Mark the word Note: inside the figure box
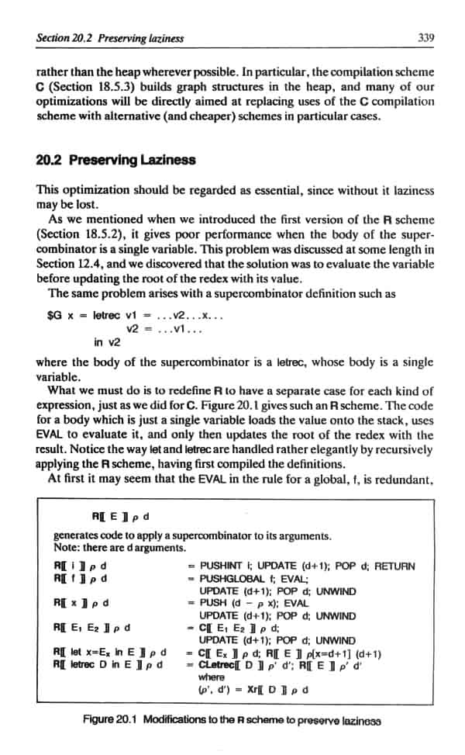click(x=66, y=547)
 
